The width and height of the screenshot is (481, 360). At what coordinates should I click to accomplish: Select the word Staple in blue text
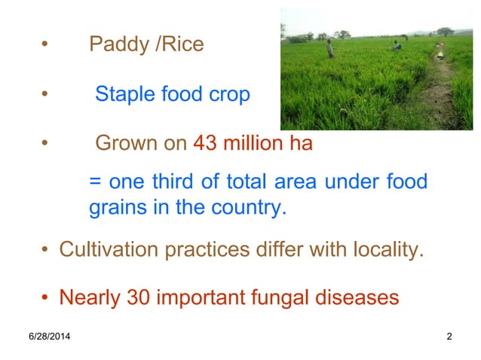click(125, 96)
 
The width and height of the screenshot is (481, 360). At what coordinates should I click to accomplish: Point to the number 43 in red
click(206, 144)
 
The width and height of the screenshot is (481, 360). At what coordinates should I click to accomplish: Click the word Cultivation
click(109, 249)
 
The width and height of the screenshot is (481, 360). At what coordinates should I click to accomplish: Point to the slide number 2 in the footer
click(449, 336)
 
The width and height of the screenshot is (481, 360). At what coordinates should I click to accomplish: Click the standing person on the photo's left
click(329, 49)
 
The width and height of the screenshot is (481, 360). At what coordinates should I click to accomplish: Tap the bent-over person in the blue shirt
click(397, 46)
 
